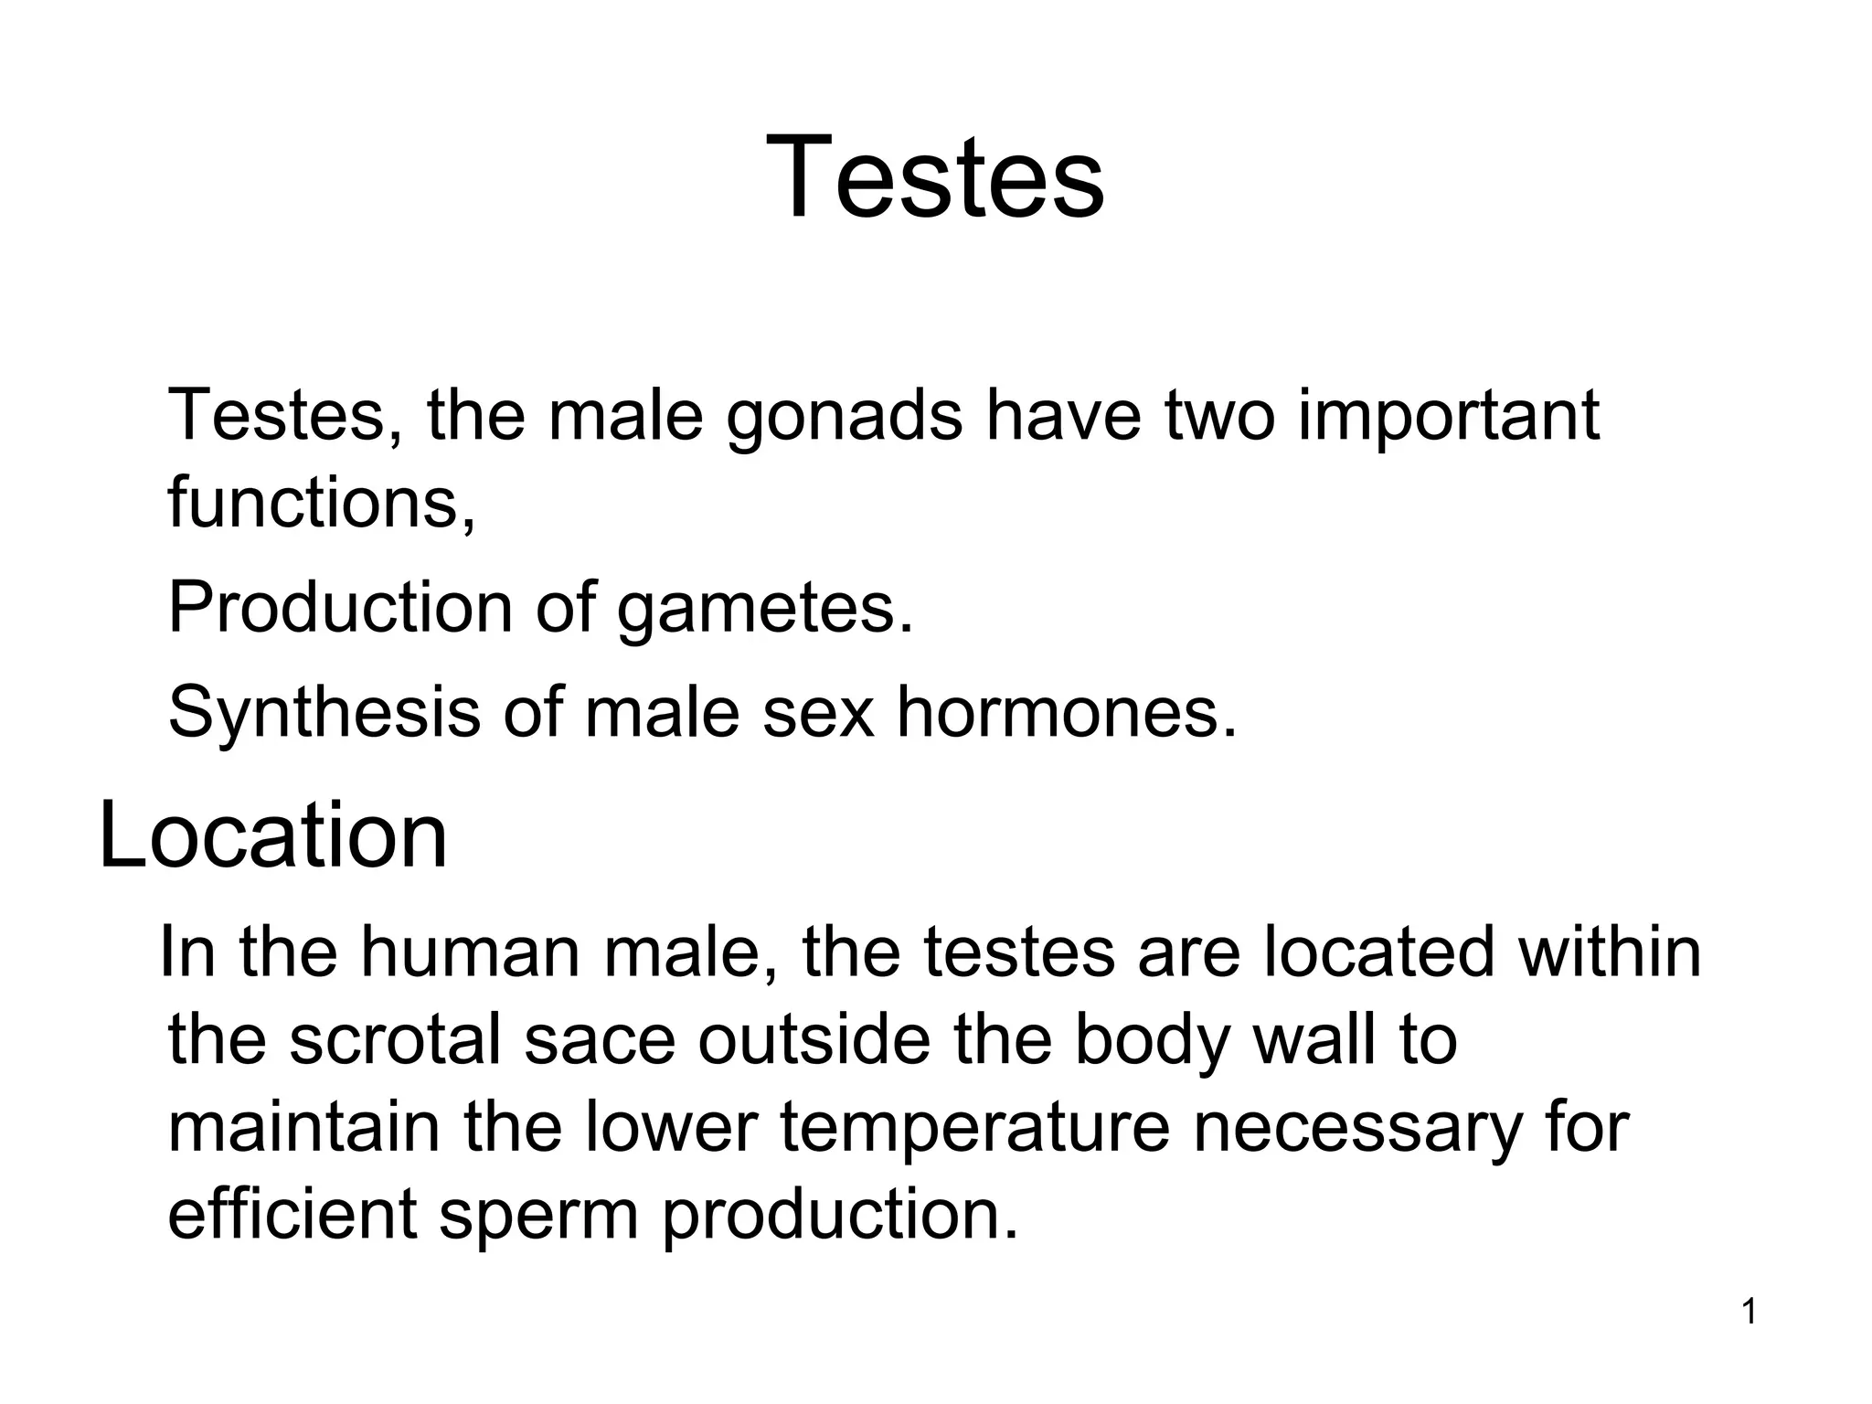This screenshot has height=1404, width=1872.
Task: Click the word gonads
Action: click(x=845, y=416)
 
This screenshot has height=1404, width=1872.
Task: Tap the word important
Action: click(x=1449, y=416)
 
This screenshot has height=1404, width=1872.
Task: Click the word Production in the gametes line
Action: click(x=340, y=608)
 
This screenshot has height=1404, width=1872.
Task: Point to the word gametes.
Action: click(x=764, y=608)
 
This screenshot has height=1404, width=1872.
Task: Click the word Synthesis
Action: click(x=324, y=712)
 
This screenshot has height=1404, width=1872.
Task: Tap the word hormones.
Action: click(x=1067, y=712)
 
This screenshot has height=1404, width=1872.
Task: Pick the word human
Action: click(x=469, y=952)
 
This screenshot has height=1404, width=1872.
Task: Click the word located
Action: click(x=1380, y=952)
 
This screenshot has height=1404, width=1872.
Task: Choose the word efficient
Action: click(x=292, y=1215)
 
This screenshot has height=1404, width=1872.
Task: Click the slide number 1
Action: click(x=1749, y=1314)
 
